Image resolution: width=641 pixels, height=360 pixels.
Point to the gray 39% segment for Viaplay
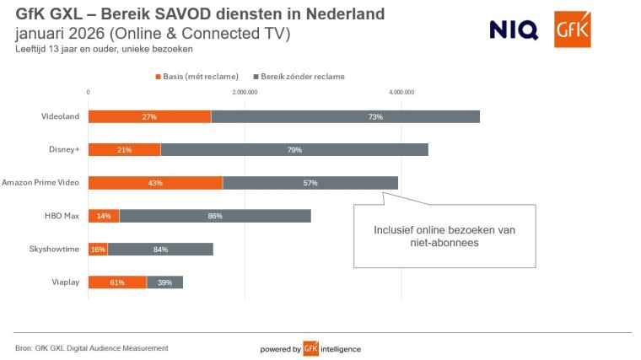pyautogui.click(x=164, y=282)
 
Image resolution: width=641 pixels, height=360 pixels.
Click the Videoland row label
pyautogui.click(x=61, y=116)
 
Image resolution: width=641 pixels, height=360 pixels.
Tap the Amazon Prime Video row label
pyautogui.click(x=40, y=182)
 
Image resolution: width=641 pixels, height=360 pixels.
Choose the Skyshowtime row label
pyautogui.click(x=54, y=249)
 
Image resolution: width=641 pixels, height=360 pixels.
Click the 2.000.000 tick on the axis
pyautogui.click(x=245, y=92)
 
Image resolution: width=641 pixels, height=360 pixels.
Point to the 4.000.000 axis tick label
pyautogui.click(x=401, y=92)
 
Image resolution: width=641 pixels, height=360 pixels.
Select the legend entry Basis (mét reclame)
pyautogui.click(x=197, y=76)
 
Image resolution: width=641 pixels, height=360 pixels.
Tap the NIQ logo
pyautogui.click(x=513, y=30)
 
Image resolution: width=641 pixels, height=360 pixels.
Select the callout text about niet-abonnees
pyautogui.click(x=444, y=236)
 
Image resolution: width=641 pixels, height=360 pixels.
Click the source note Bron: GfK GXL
pyautogui.click(x=92, y=348)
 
